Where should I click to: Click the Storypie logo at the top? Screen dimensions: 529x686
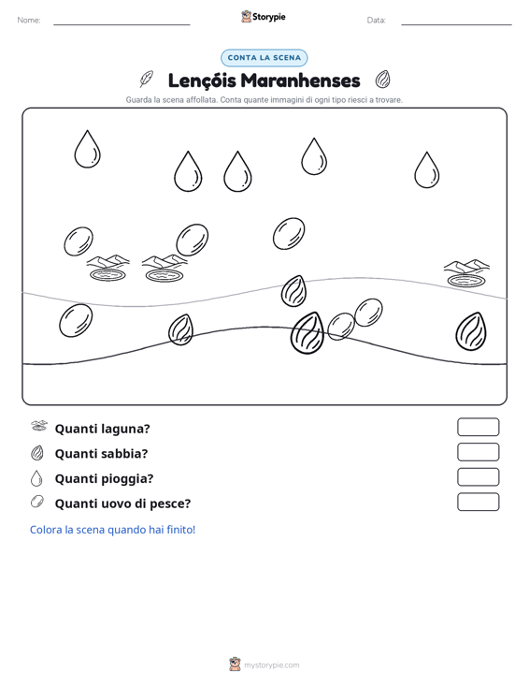point(264,17)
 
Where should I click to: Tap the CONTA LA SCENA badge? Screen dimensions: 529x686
point(264,58)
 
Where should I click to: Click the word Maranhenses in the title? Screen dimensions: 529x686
point(301,80)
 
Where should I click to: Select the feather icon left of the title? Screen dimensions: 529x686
point(147,80)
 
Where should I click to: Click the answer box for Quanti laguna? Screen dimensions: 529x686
point(479,427)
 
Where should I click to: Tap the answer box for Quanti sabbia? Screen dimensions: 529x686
point(479,452)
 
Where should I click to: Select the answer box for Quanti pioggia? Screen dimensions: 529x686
point(479,477)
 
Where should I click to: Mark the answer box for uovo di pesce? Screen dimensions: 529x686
point(479,502)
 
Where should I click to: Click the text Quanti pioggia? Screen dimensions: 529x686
point(105,478)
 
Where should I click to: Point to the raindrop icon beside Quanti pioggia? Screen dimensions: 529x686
point(36,478)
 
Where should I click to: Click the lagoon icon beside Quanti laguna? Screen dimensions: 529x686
point(39,426)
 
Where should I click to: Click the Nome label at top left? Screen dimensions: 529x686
point(29,21)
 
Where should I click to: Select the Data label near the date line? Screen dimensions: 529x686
point(376,21)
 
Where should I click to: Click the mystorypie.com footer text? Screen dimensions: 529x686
point(272,665)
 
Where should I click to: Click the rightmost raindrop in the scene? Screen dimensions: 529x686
point(427,170)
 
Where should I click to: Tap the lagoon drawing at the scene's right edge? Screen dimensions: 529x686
point(466,273)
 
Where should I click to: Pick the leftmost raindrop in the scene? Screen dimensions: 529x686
point(87,149)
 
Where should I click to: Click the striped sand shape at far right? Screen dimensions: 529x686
point(471,331)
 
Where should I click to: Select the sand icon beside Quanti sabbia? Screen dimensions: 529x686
point(37,453)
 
